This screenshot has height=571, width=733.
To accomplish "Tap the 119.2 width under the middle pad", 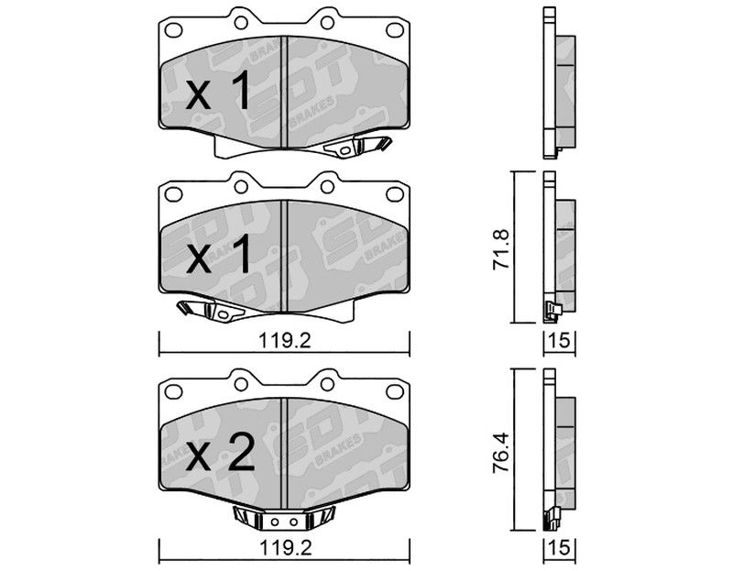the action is pyautogui.click(x=285, y=341).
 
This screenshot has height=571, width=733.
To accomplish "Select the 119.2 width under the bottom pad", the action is pyautogui.click(x=285, y=547).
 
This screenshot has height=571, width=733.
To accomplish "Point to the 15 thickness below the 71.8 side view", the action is pyautogui.click(x=560, y=340).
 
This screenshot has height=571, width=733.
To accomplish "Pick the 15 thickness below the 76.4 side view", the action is pyautogui.click(x=560, y=547).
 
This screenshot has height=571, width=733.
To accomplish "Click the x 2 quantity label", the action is pyautogui.click(x=221, y=452).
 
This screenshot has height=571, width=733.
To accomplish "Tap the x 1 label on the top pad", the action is pyautogui.click(x=218, y=93).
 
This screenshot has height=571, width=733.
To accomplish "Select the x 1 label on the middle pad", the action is pyautogui.click(x=218, y=255).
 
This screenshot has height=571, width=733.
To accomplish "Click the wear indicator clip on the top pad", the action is pyautogui.click(x=357, y=146).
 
